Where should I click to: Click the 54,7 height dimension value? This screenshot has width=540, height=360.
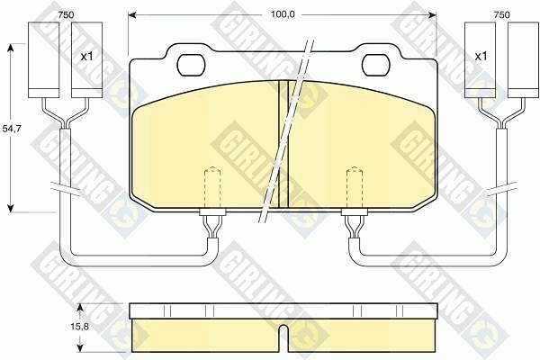(x=12, y=129)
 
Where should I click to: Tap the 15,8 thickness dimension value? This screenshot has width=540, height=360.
(x=79, y=326)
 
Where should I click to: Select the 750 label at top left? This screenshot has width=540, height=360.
(x=65, y=14)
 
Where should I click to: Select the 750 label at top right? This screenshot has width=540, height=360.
(x=501, y=14)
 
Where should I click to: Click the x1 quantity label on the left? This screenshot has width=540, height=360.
(x=86, y=57)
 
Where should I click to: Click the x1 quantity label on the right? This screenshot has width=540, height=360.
(x=481, y=57)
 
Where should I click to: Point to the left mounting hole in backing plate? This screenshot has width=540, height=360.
(x=191, y=65)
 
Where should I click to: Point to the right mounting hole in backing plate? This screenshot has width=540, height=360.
(x=376, y=65)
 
